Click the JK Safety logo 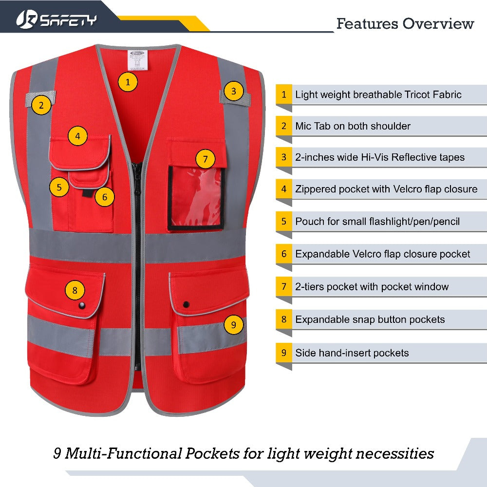pyautogui.click(x=56, y=19)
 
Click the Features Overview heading pyautogui.click(x=405, y=23)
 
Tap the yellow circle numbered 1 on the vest pyautogui.click(x=128, y=82)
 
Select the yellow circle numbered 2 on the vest pyautogui.click(x=41, y=104)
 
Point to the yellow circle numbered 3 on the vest pyautogui.click(x=234, y=91)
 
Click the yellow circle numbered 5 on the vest pyautogui.click(x=59, y=187)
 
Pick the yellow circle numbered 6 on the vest pyautogui.click(x=105, y=197)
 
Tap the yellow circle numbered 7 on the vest pyautogui.click(x=206, y=159)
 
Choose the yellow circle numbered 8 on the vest pyautogui.click(x=75, y=291)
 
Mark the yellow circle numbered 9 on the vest pyautogui.click(x=234, y=325)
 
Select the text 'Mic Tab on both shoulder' pyautogui.click(x=353, y=126)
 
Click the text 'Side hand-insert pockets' pyautogui.click(x=352, y=353)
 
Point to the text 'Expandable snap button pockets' pyautogui.click(x=370, y=320)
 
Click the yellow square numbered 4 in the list pyautogui.click(x=284, y=189)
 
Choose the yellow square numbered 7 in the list pyautogui.click(x=284, y=287)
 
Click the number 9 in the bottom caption pyautogui.click(x=57, y=454)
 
